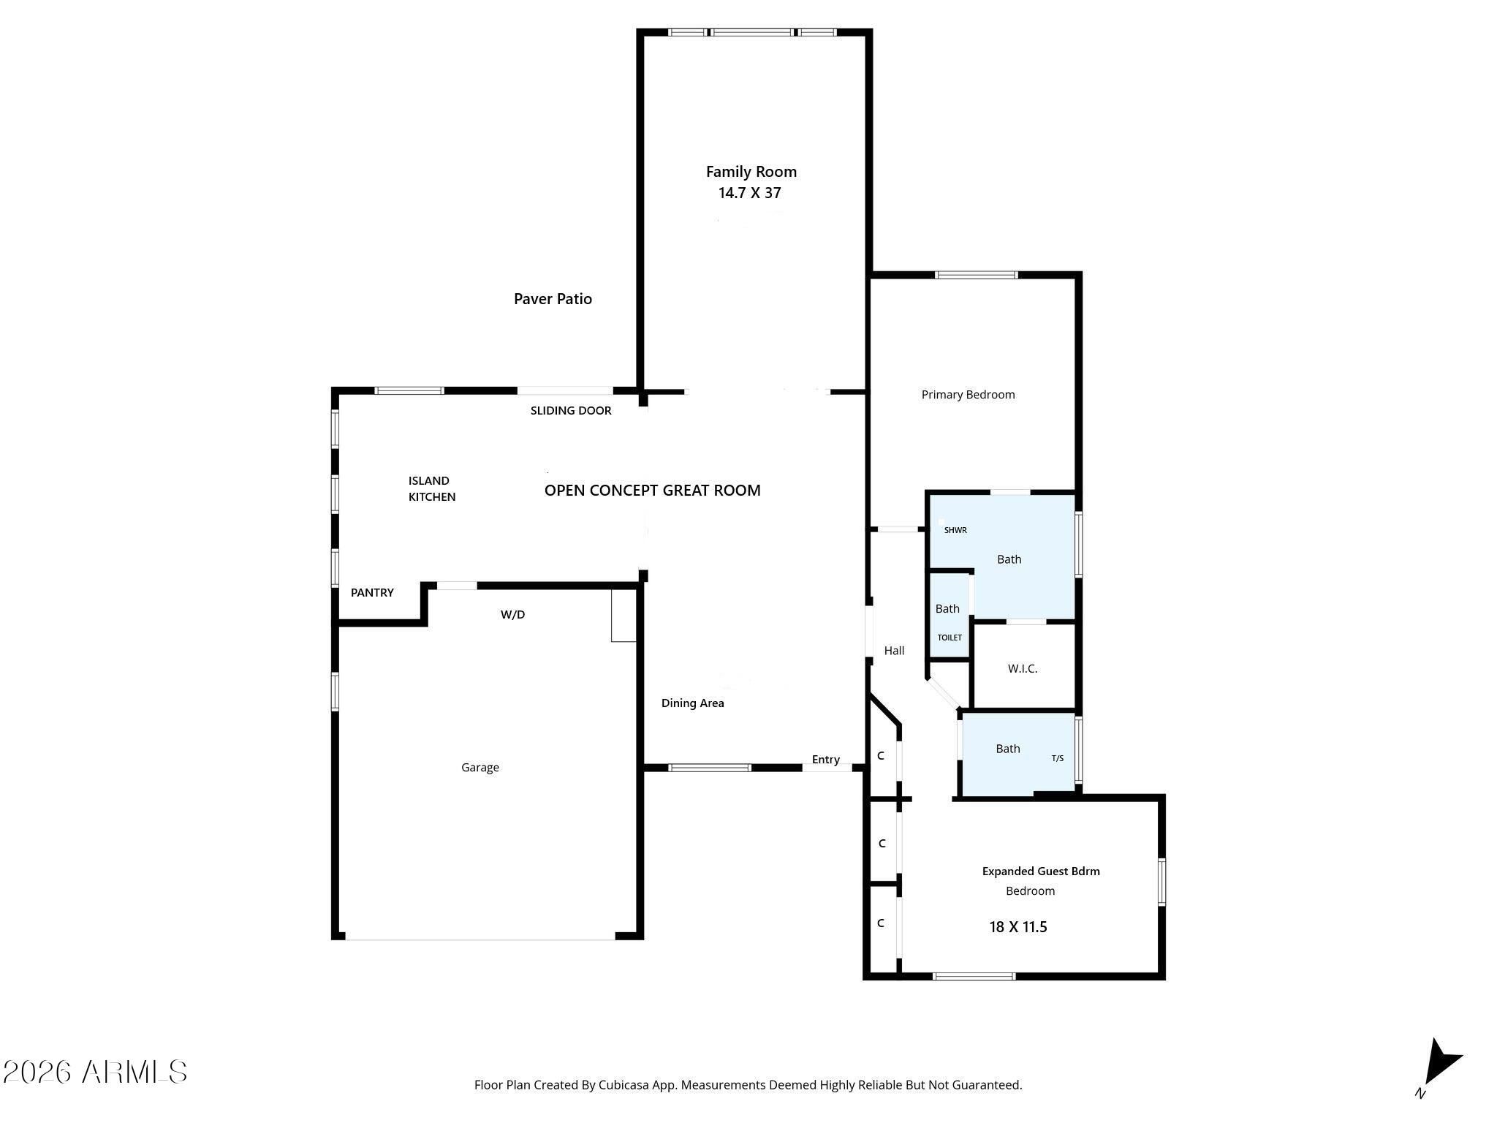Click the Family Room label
click(x=751, y=172)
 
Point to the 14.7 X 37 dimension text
click(x=750, y=193)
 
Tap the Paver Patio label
click(x=553, y=298)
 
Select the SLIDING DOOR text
click(x=571, y=411)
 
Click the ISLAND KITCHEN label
click(x=431, y=488)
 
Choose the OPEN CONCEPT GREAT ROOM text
click(x=652, y=491)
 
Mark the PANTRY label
click(x=372, y=593)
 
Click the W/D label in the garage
click(x=512, y=615)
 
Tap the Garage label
click(x=480, y=768)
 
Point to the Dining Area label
click(x=692, y=703)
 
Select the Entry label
click(x=825, y=760)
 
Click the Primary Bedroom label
click(x=968, y=395)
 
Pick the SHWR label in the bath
click(x=955, y=530)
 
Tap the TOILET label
click(x=950, y=638)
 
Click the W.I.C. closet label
click(x=1022, y=668)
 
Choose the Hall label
click(x=894, y=651)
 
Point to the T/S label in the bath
click(x=1057, y=758)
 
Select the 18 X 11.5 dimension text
click(x=1017, y=927)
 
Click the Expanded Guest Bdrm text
click(x=1040, y=871)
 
